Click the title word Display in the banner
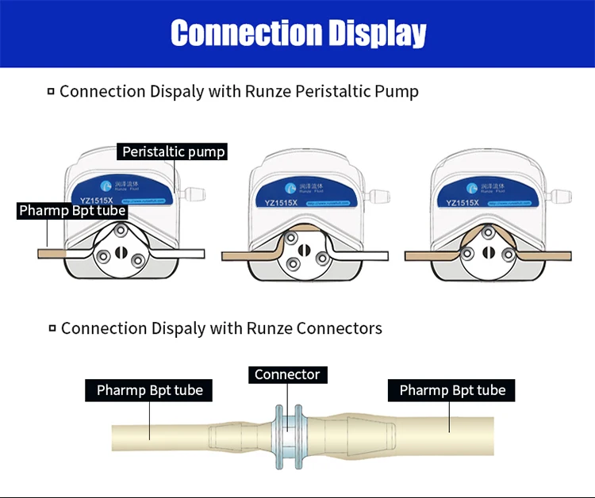click(374, 33)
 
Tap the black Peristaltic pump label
click(174, 151)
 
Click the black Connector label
click(287, 374)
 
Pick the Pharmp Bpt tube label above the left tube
click(149, 390)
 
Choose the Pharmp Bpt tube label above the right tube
click(452, 390)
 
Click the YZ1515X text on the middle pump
click(281, 203)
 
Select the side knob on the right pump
click(561, 194)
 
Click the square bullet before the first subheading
click(51, 92)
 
